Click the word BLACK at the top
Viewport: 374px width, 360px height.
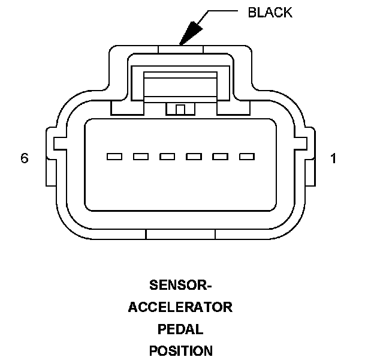point(270,13)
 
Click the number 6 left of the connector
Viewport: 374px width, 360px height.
point(25,158)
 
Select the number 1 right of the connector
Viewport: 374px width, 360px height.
point(333,158)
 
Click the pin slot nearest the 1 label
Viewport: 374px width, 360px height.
point(247,157)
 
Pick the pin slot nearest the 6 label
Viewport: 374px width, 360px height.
point(114,157)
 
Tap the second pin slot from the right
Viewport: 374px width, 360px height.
point(221,157)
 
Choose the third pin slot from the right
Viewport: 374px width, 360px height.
point(194,157)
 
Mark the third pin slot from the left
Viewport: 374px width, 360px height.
point(167,157)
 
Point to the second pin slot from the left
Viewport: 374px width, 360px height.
point(141,157)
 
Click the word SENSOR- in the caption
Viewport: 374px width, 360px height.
point(180,284)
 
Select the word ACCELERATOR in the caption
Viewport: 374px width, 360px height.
point(180,307)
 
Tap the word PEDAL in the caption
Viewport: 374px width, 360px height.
point(180,329)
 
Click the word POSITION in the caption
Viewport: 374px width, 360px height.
point(180,350)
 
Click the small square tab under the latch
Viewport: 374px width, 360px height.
point(180,109)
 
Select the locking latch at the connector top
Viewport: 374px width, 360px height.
point(180,85)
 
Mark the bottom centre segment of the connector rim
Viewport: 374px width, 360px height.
point(180,235)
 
